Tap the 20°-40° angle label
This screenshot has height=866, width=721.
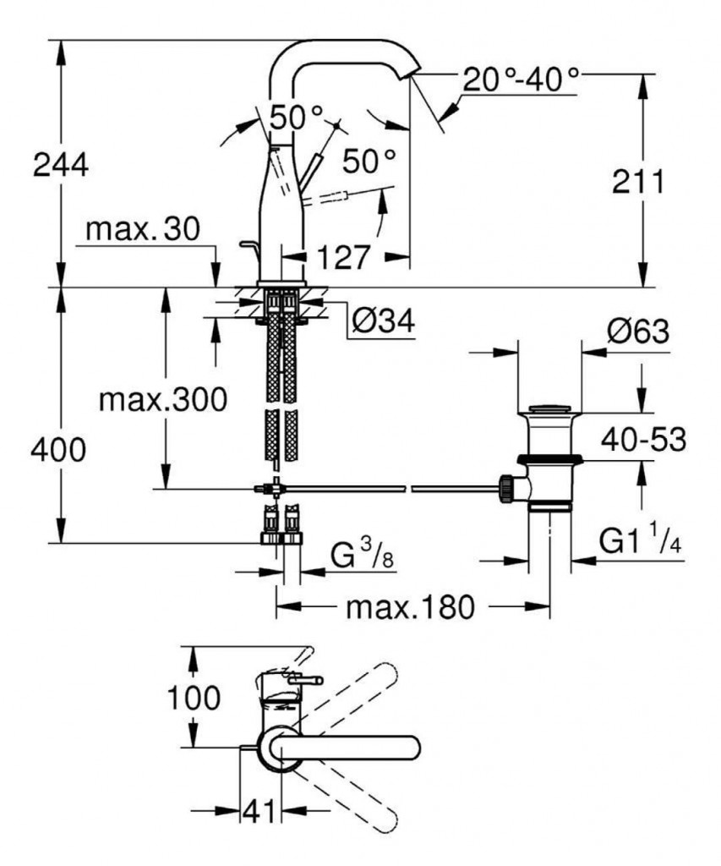pos(522,82)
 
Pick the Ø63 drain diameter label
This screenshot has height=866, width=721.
pos(637,332)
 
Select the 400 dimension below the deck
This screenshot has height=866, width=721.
pos(58,451)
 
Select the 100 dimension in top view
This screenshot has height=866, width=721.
pos(194,699)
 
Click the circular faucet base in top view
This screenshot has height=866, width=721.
pos(280,748)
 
